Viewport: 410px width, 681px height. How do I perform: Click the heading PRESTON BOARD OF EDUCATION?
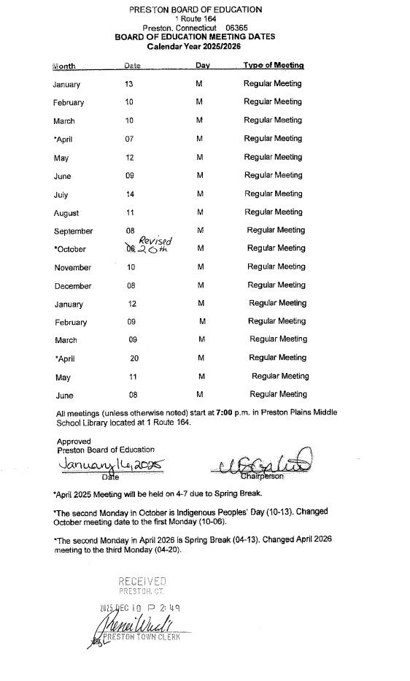point(195,9)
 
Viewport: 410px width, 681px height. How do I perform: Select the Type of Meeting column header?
point(274,66)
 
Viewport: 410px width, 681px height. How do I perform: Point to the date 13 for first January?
point(129,84)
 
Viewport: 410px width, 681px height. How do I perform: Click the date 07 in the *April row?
point(129,139)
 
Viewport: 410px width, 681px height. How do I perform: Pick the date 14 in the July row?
point(130,194)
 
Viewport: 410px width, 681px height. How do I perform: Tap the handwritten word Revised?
point(155,241)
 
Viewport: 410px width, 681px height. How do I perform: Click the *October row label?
point(69,249)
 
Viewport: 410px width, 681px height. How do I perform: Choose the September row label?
point(73,231)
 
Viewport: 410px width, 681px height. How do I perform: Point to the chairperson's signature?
point(264,462)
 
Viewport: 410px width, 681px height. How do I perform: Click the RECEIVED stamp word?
point(142,582)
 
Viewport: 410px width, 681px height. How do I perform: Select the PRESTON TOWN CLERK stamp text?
point(143,636)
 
